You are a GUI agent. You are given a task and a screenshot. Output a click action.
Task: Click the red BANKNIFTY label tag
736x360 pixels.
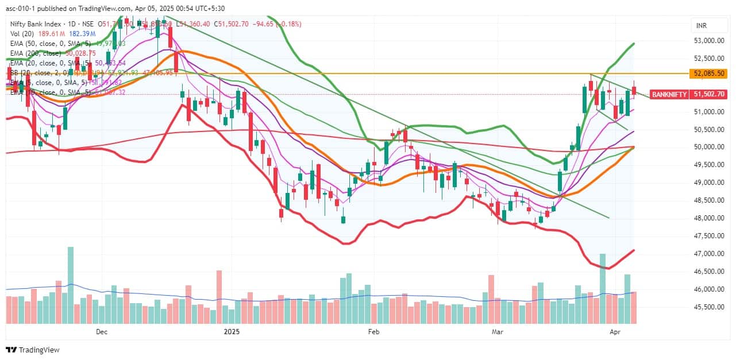(x=669, y=94)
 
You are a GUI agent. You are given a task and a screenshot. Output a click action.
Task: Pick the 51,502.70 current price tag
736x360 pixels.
(x=708, y=94)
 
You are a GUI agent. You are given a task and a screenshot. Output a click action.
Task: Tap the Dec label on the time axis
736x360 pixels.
(x=102, y=331)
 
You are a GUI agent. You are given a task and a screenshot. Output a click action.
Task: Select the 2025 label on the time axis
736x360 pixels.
(x=231, y=331)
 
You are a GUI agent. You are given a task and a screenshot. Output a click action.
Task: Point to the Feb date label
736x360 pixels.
(x=374, y=331)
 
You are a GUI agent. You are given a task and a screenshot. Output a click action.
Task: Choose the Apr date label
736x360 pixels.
(x=615, y=331)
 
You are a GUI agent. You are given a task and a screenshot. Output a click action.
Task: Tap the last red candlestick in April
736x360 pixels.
(x=634, y=90)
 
